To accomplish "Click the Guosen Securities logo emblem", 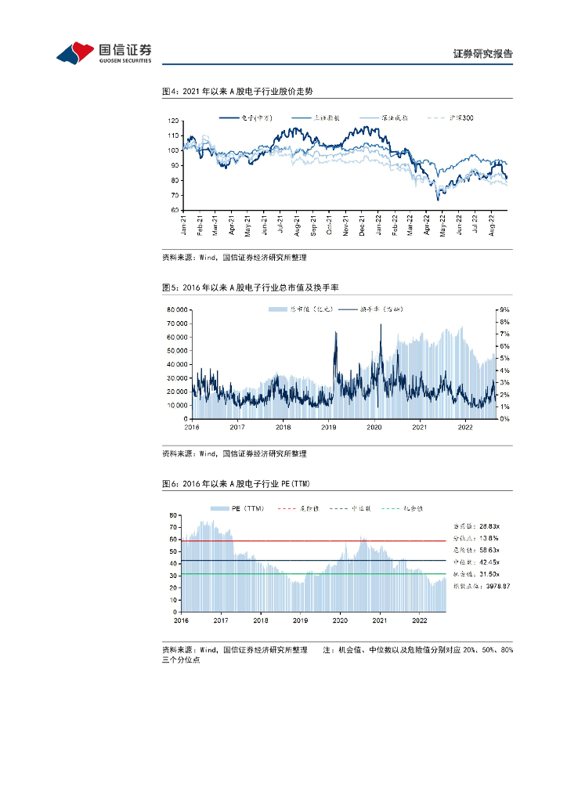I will pyautogui.click(x=76, y=52).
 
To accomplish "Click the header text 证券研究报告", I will pyautogui.click(x=482, y=54).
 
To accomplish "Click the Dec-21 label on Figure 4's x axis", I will pyautogui.click(x=363, y=226).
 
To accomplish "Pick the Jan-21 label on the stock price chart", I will pyautogui.click(x=184, y=226).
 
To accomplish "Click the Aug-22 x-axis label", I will pyautogui.click(x=492, y=226).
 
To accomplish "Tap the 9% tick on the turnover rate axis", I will pyautogui.click(x=505, y=309).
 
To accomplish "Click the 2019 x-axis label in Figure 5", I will pyautogui.click(x=328, y=427).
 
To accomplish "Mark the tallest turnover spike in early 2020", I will pyautogui.click(x=381, y=325).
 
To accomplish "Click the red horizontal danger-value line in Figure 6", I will pyautogui.click(x=313, y=540).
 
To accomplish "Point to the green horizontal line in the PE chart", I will pyautogui.click(x=313, y=574).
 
